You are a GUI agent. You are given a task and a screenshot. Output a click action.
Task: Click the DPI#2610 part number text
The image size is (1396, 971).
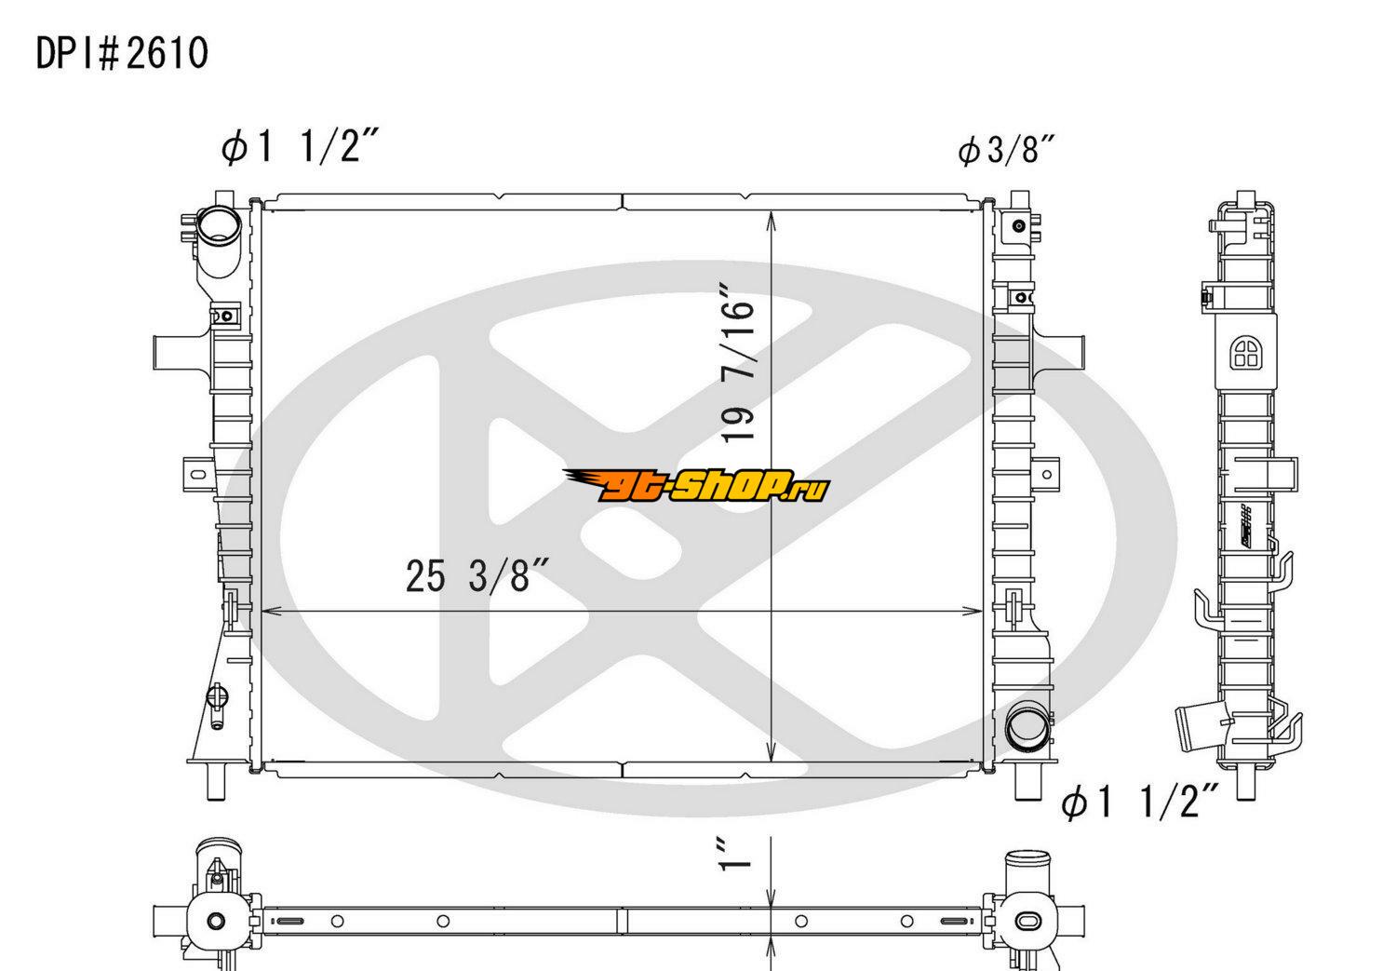(122, 53)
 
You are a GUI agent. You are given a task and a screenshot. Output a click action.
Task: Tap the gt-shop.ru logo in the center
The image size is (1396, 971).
(696, 486)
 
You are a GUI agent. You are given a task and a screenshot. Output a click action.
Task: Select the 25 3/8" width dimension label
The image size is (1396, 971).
(477, 575)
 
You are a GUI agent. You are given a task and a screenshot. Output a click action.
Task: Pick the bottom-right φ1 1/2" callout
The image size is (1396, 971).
(1139, 801)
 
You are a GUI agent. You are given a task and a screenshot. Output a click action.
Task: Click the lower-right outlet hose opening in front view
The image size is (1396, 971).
(1027, 727)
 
